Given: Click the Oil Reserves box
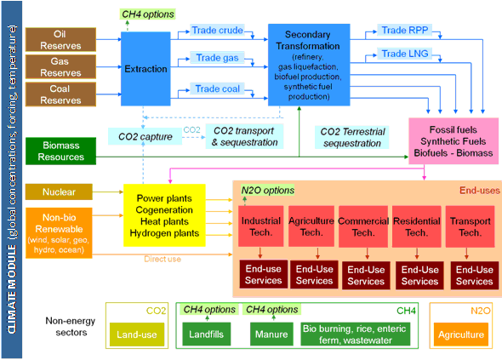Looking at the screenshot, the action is coord(60,40).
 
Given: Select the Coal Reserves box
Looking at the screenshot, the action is coord(60,94).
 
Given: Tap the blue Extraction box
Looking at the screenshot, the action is coord(145,69).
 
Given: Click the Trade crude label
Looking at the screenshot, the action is coord(217,30).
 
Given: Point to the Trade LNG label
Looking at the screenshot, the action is coord(405,54).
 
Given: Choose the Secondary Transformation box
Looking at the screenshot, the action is coord(309,65).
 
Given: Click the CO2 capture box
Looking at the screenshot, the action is coord(145,136).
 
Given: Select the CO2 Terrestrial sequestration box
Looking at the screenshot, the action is coord(352,137).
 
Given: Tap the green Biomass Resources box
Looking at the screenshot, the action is coord(60,151).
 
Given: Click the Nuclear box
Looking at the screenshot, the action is coord(59,191).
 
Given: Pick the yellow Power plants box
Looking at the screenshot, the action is coord(164,215).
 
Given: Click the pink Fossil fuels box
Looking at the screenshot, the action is coord(454,141).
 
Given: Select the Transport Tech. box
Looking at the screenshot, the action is coord(470,226).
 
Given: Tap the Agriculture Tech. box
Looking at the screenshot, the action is coord(311,226).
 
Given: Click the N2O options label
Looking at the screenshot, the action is coord(268,191).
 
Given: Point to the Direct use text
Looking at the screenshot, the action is coord(163,259).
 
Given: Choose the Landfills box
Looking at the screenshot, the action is coord(206,334).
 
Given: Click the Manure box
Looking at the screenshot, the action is coord(271,334).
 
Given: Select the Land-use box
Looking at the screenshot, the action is coord(137,334).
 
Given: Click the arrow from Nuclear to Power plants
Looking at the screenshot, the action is coord(108,191).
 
